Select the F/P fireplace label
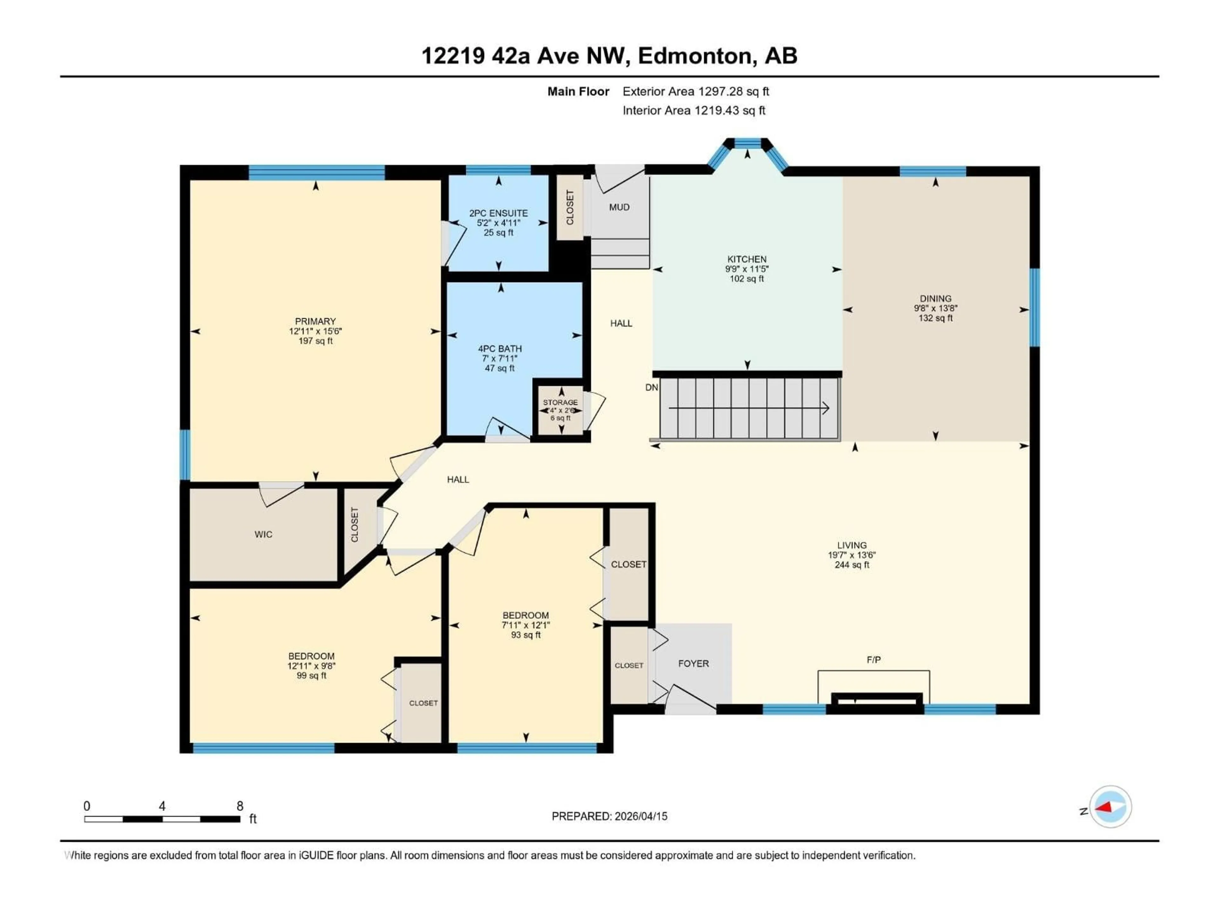click(874, 660)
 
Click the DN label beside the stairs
click(651, 388)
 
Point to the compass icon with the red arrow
click(1110, 807)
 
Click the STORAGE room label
click(560, 403)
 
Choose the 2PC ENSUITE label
click(498, 213)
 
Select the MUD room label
click(619, 207)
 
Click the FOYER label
click(693, 663)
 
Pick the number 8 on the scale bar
click(240, 806)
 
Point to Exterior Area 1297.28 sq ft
click(695, 91)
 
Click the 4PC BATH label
click(500, 349)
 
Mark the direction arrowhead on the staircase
click(826, 409)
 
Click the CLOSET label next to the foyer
click(629, 666)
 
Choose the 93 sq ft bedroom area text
click(525, 635)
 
